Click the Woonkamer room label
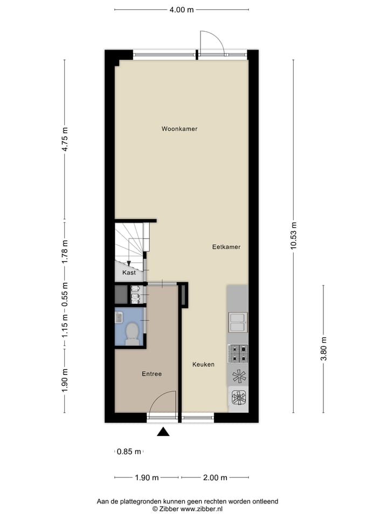click(179, 129)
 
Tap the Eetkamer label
click(226, 247)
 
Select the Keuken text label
click(203, 364)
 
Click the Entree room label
click(151, 373)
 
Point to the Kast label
click(129, 273)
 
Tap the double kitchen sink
click(238, 322)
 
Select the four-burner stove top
click(238, 353)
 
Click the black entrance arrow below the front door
click(163, 431)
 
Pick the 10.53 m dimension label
click(294, 236)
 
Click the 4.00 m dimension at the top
click(181, 9)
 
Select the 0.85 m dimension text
click(129, 452)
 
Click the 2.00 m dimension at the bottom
click(215, 478)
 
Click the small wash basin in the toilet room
click(119, 317)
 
